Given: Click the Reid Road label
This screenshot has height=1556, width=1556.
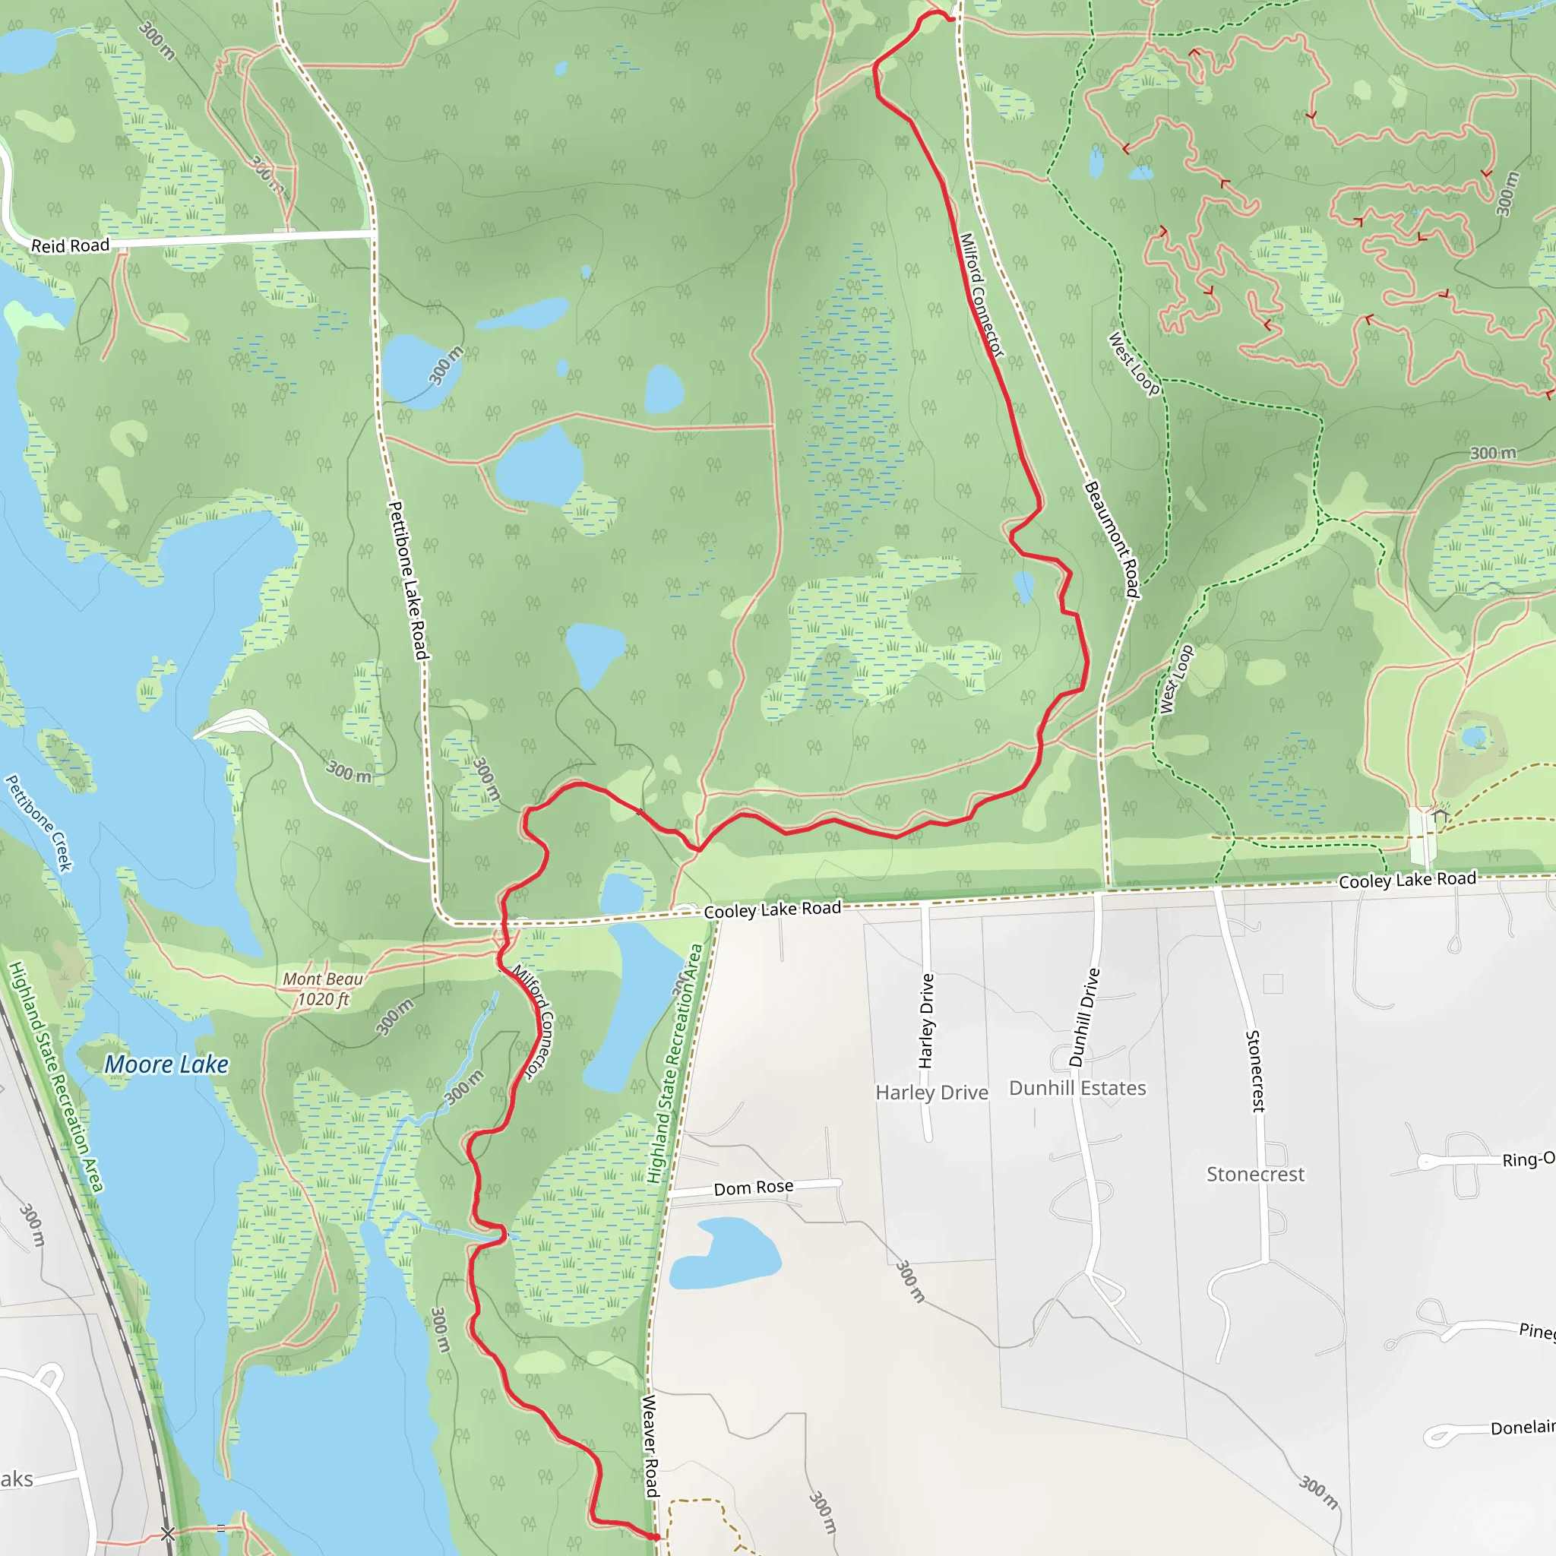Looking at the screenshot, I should click(x=70, y=245).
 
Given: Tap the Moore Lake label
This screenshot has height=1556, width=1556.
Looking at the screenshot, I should click(x=166, y=1064).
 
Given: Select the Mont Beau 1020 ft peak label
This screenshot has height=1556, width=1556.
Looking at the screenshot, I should click(x=323, y=989).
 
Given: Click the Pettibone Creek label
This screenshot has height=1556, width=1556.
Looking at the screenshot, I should click(x=39, y=823).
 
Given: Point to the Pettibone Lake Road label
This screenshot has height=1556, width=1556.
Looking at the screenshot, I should click(x=407, y=580).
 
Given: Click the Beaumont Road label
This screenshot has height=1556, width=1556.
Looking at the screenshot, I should click(x=1112, y=539).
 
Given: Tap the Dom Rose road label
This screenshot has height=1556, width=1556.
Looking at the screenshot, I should click(x=753, y=1188).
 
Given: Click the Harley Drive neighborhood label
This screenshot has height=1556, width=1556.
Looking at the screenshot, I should click(x=931, y=1093).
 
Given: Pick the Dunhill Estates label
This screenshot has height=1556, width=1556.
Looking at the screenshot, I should click(x=1077, y=1088).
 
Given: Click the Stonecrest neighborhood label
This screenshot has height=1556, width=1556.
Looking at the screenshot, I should click(x=1255, y=1175).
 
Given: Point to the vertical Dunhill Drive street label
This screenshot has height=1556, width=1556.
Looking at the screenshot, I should click(x=1083, y=1018).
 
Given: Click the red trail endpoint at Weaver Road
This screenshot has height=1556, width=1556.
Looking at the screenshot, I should click(x=656, y=1537).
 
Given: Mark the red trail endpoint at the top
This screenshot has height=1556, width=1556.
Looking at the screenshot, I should click(x=951, y=18).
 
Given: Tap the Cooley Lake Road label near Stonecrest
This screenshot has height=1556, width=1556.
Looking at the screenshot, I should click(x=1407, y=880).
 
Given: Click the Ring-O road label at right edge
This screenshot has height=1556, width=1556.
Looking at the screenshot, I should click(x=1528, y=1159).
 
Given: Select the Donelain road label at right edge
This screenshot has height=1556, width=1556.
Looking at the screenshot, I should click(x=1522, y=1428).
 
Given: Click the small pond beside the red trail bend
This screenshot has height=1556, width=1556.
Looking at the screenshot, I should click(x=1023, y=587).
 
